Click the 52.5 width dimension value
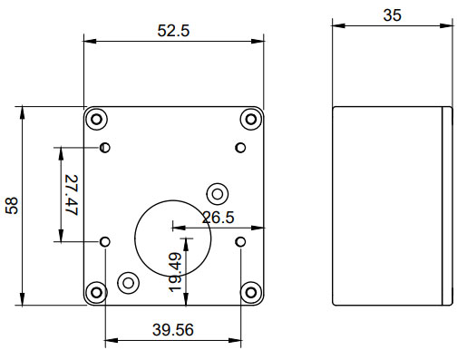click(173, 30)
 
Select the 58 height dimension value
click(13, 206)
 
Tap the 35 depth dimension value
click(392, 15)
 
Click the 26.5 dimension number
click(219, 218)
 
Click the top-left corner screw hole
click(96, 119)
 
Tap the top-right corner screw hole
click(251, 119)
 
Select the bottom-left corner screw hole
click(96, 291)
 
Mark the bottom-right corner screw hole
click(251, 291)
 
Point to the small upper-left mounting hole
click(105, 147)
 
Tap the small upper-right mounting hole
click(240, 147)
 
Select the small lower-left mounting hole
click(105, 241)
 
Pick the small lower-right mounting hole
click(240, 241)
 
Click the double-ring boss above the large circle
click(218, 192)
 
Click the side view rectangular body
click(392, 206)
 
